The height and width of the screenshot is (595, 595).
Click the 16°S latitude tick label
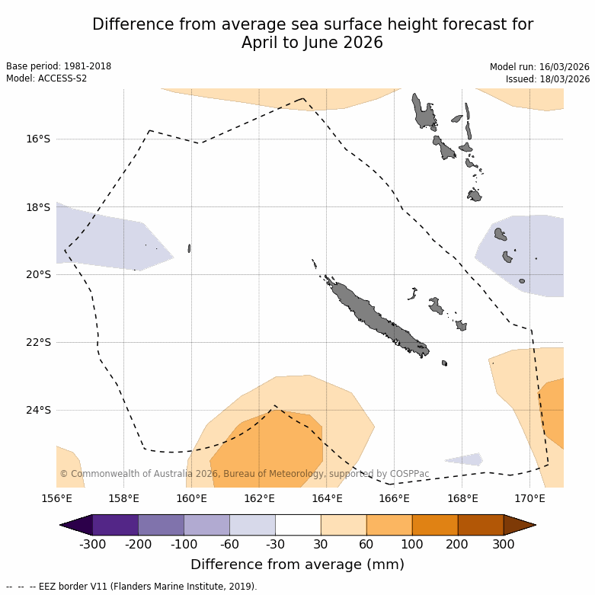(38, 139)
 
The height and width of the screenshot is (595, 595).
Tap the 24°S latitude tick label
(38, 410)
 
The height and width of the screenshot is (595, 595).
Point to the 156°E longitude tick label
(56, 498)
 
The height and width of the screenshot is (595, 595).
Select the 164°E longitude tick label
(327, 498)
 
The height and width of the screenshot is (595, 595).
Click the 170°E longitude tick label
(529, 498)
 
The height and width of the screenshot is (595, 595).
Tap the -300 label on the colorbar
(92, 544)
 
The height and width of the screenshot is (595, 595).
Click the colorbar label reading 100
(412, 544)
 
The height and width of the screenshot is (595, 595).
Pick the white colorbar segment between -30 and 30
(298, 525)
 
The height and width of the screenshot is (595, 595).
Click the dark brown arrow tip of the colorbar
(520, 525)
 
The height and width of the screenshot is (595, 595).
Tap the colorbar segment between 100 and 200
(435, 525)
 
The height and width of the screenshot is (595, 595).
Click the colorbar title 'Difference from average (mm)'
(297, 565)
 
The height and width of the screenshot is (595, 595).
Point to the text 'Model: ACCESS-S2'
(46, 78)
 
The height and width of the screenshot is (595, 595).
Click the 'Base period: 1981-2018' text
(59, 66)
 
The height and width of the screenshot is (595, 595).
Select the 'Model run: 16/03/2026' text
(539, 67)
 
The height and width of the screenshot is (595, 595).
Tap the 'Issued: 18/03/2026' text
(548, 79)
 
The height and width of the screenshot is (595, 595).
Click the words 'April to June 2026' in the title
(312, 43)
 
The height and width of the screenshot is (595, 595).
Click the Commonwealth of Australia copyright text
(244, 474)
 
